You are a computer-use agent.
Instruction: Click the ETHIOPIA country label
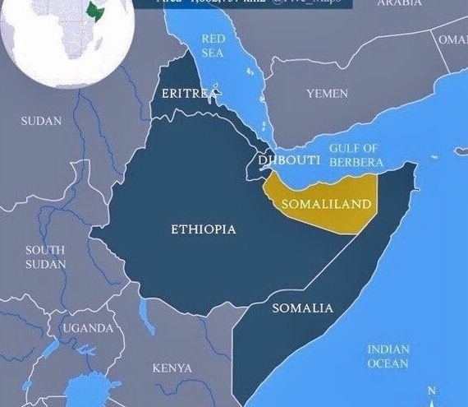pyautogui.click(x=203, y=229)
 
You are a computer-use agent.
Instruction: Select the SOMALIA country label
pyautogui.click(x=302, y=308)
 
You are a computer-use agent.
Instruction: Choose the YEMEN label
pyautogui.click(x=327, y=94)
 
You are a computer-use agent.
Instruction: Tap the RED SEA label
pyautogui.click(x=213, y=46)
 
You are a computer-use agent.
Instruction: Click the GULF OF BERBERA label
pyautogui.click(x=353, y=154)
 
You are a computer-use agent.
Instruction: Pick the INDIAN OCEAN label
pyautogui.click(x=388, y=356)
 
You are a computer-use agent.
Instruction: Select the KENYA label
pyautogui.click(x=172, y=368)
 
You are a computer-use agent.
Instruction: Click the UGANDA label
pyautogui.click(x=89, y=328)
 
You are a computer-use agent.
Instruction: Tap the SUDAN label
pyautogui.click(x=41, y=121)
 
